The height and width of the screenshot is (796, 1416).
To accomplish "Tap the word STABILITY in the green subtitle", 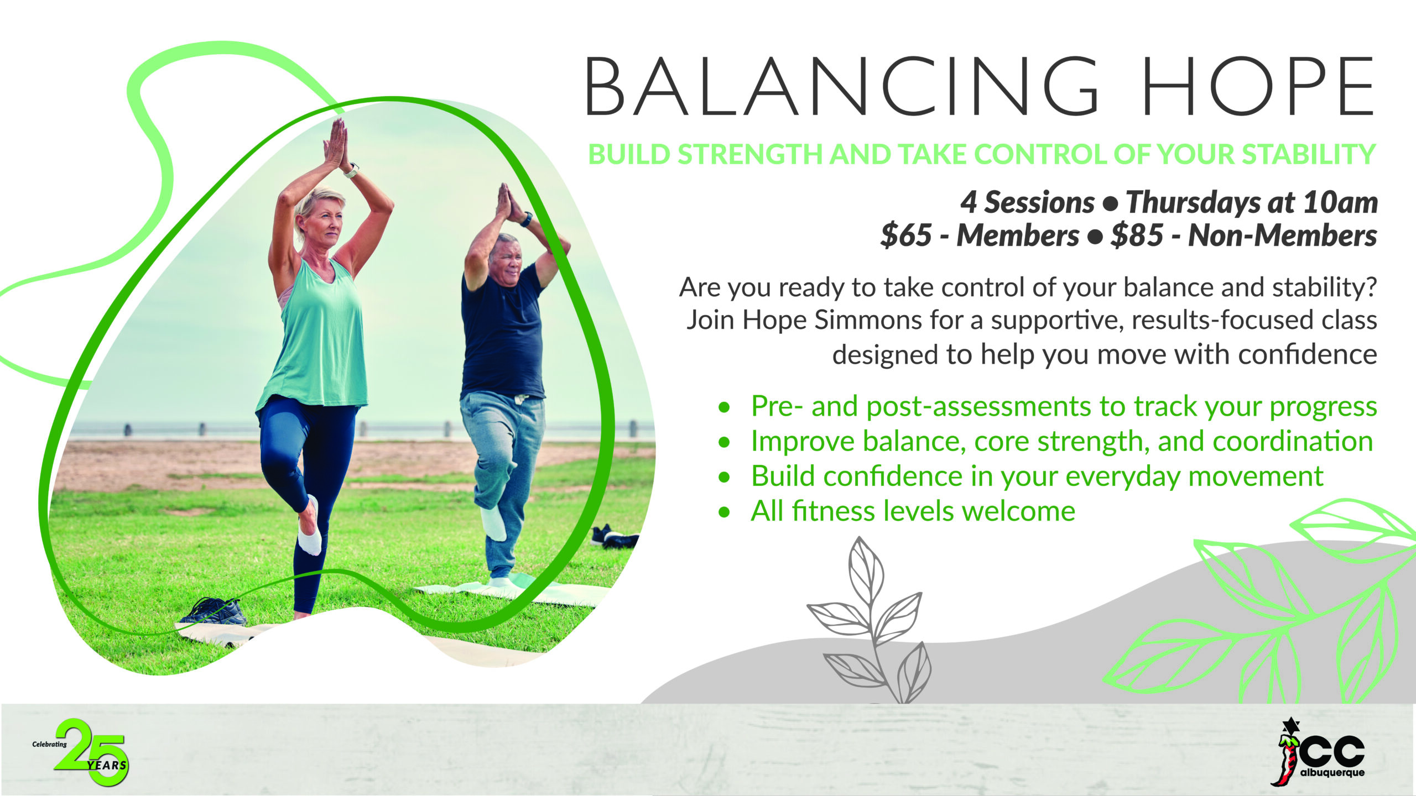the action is pos(1309,154).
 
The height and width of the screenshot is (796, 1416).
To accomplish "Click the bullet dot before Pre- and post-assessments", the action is pos(724,408).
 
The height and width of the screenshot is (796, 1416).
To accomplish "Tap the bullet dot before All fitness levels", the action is pos(724,512).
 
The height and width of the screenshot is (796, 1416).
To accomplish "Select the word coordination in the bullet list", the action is pos(1293,442).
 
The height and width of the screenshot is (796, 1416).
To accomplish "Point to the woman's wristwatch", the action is pos(350,170).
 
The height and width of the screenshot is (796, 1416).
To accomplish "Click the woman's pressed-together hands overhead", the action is pos(336,143).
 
